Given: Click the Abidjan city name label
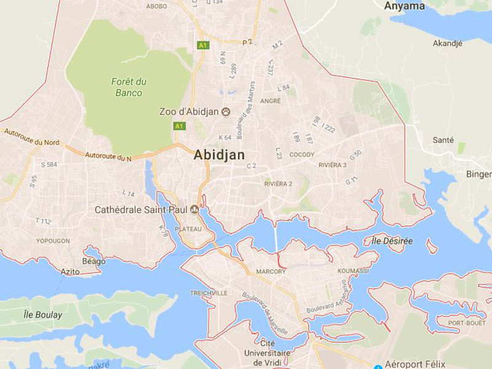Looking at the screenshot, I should tap(219, 155).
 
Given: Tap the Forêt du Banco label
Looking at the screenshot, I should tap(128, 87).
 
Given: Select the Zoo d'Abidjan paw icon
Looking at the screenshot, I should tap(226, 112).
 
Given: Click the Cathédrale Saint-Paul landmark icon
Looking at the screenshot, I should tap(194, 210).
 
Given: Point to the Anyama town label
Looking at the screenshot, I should tap(404, 7).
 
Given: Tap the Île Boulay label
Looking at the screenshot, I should tap(43, 315).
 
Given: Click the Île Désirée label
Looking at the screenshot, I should tap(392, 241).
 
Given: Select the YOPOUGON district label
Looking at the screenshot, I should tap(53, 241).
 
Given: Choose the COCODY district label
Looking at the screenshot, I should tap(302, 155).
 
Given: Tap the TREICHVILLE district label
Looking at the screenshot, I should tap(209, 293).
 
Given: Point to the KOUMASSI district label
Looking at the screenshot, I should tap(353, 271).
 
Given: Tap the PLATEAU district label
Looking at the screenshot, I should tap(188, 229).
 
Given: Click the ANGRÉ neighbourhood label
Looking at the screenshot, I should tap(271, 101).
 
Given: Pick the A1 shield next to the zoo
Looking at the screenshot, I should tap(179, 126).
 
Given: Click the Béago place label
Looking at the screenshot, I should tap(93, 261).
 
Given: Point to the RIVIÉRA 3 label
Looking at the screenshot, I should tap(333, 165).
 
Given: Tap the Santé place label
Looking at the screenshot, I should tap(443, 140).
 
